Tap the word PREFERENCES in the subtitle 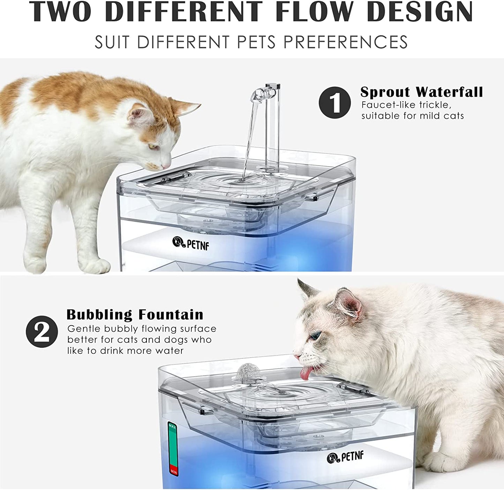[346, 42]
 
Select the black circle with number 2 [42, 332]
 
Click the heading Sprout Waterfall [422, 92]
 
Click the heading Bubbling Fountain [135, 314]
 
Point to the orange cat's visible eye [153, 147]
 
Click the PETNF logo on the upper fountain [191, 244]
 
